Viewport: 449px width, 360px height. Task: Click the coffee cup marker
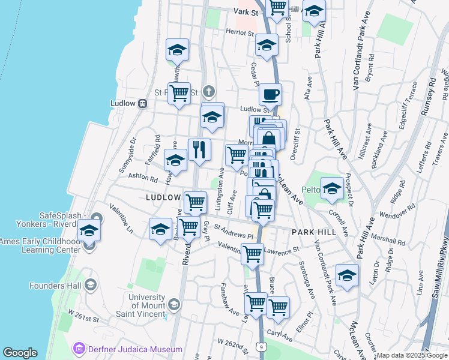click(270, 94)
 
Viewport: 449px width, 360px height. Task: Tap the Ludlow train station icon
click(143, 103)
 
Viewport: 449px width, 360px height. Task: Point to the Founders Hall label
click(57, 286)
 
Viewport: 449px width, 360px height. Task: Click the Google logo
click(20, 353)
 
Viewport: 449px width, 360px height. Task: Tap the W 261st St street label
click(83, 313)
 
